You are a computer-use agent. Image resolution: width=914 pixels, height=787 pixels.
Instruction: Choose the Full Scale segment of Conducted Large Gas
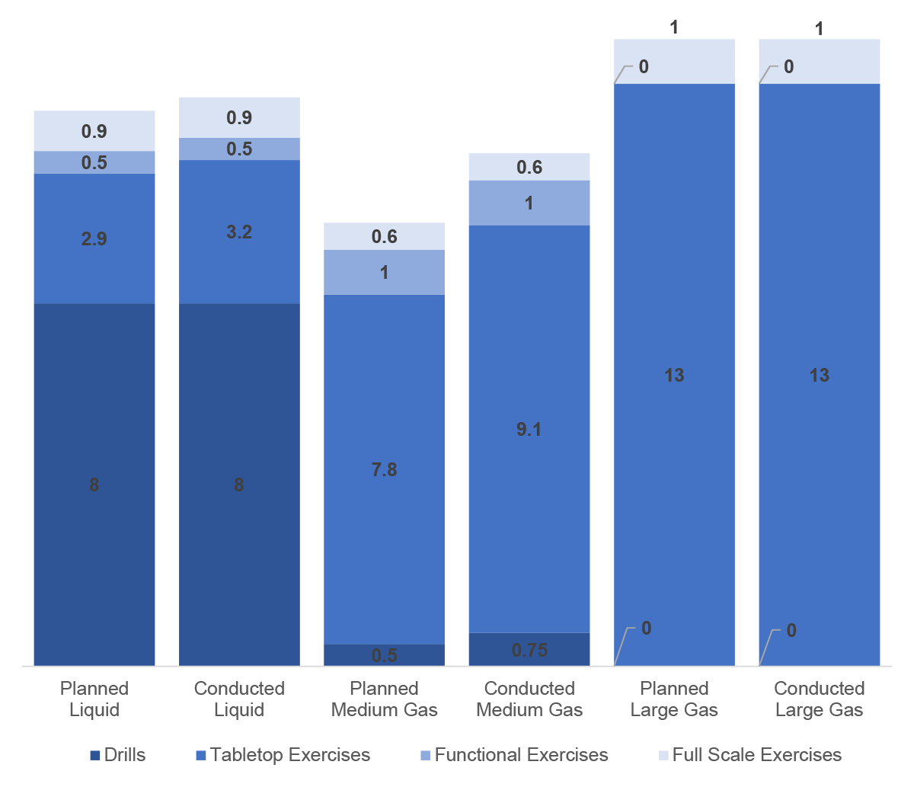(820, 61)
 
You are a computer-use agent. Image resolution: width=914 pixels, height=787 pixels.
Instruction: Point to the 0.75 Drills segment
(529, 650)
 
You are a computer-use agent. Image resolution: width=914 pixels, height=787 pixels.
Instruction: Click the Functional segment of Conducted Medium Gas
(529, 203)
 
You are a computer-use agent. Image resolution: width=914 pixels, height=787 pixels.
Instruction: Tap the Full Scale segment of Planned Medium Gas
(385, 236)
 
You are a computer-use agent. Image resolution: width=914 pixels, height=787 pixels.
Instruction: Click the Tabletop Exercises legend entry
(283, 755)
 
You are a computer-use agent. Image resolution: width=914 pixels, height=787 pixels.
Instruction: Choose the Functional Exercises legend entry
(514, 755)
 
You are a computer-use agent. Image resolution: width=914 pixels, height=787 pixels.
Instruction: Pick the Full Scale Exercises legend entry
(749, 755)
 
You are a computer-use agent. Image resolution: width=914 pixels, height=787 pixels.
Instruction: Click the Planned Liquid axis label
(94, 699)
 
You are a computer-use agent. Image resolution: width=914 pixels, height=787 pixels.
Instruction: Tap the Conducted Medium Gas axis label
(529, 699)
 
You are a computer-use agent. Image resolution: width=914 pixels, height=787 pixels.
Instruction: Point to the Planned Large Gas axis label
(674, 699)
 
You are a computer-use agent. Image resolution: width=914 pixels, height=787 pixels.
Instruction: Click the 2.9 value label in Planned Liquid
(94, 238)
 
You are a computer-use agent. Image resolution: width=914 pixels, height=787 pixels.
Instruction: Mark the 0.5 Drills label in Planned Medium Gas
(385, 655)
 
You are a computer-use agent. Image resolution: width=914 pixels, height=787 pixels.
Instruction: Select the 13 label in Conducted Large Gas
(820, 375)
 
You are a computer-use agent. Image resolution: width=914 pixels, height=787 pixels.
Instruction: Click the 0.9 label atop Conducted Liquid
(239, 117)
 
